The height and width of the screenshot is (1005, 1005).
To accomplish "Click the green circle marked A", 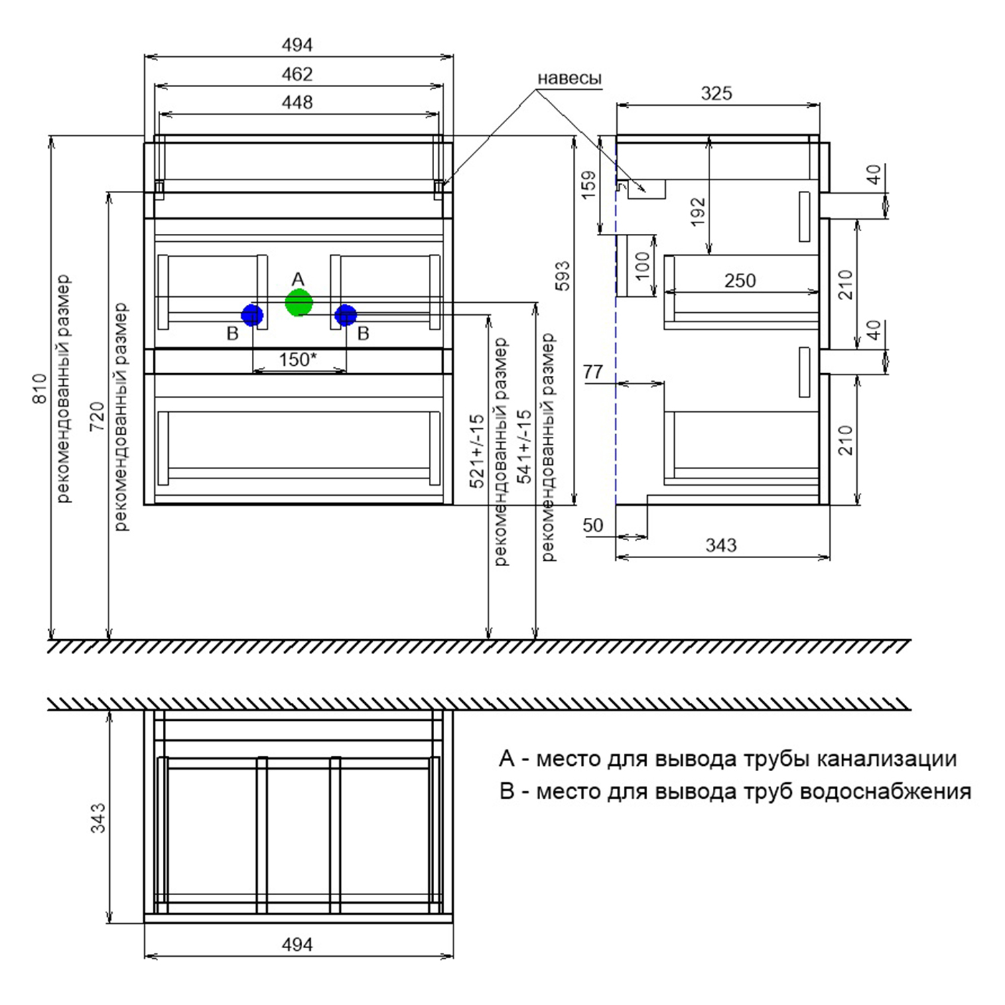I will pos(299,303).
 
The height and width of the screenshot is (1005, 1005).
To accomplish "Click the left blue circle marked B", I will pos(252,315).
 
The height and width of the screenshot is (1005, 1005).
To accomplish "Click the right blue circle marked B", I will pos(346,315).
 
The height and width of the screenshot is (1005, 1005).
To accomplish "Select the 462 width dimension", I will pos(297,74).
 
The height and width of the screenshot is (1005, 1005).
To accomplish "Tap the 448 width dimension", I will pos(297,102).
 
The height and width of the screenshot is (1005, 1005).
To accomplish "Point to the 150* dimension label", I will pos(297,360).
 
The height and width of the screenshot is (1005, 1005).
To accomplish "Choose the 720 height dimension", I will pos(98,415).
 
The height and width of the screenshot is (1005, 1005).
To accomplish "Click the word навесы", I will pos(569,78).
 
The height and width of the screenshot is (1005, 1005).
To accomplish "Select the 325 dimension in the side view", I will pos(716,94).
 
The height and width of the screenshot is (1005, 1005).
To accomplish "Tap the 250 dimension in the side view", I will pos(740,280).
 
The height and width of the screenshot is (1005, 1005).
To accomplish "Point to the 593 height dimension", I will pos(563,275).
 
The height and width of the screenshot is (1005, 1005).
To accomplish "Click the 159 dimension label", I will pos(588,185).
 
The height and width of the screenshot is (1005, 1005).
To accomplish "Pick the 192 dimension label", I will pos(698,212).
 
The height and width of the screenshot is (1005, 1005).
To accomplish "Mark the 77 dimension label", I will pos(593,372).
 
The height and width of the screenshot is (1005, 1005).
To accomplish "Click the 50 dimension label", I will pos(593,525).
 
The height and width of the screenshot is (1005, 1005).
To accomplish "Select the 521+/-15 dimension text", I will pos(476,450).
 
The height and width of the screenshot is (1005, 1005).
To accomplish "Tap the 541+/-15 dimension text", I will pos(525,446).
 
